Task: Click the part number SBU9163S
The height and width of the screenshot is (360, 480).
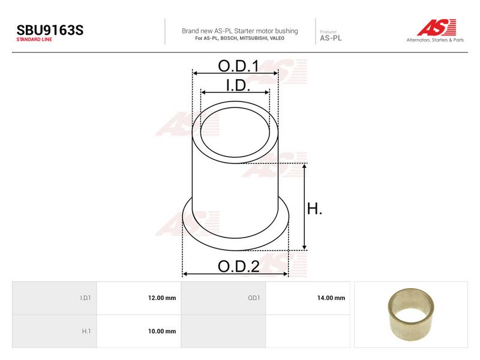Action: [x=50, y=30]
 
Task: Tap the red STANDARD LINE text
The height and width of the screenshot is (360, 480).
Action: [x=34, y=40]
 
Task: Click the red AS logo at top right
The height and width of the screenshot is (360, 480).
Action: [x=437, y=27]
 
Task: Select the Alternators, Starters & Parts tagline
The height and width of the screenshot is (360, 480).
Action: [x=435, y=40]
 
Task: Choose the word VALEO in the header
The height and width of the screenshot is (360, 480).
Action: [x=277, y=38]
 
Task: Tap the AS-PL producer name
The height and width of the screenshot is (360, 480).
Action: [x=331, y=38]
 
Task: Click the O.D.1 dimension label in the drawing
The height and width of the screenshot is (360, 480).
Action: [x=238, y=66]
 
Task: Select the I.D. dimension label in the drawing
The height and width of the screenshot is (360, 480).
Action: [x=238, y=85]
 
